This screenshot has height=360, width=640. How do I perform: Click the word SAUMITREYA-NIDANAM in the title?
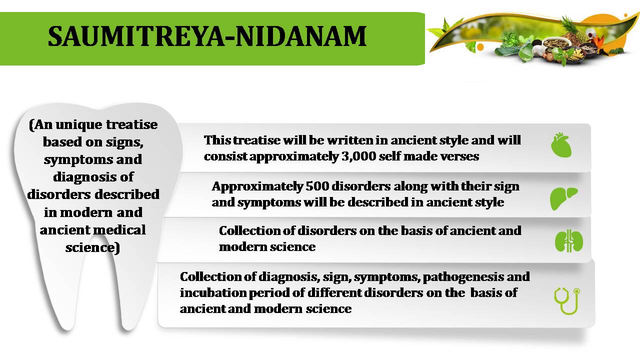pos(207,36)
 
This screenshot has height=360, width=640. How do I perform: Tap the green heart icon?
pos(561,145)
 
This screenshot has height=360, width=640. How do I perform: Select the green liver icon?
pos(563,198)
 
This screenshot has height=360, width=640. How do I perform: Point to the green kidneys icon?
pos(569,241)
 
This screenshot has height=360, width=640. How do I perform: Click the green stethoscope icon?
pos(567,301)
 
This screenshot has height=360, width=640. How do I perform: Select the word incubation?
pos(213,292)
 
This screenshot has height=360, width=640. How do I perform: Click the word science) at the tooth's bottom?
pos(92,247)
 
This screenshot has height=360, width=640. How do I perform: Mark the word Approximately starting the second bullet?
pos(257,187)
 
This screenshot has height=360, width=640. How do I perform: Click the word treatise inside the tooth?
pos(131,124)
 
